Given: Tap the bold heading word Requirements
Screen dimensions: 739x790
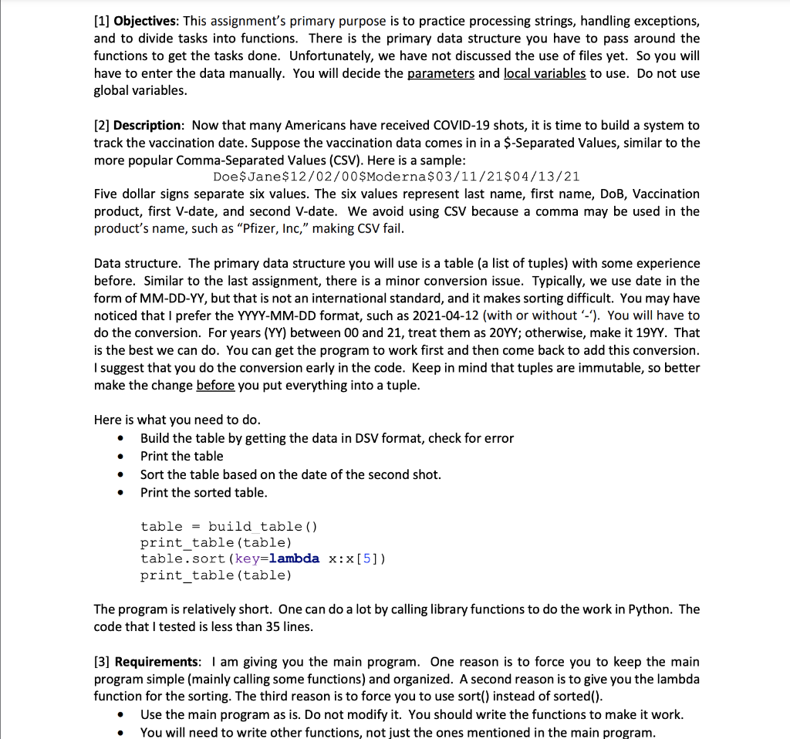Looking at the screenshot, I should pyautogui.click(x=157, y=662).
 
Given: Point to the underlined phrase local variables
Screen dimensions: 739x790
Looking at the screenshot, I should pyautogui.click(x=545, y=73).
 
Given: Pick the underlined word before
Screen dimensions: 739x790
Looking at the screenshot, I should pyautogui.click(x=215, y=385).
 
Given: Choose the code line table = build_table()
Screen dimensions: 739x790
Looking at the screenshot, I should pyautogui.click(x=228, y=526).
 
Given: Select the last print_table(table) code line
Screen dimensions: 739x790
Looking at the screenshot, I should pyautogui.click(x=216, y=575).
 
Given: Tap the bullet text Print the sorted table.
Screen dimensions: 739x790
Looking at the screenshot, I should pyautogui.click(x=204, y=492).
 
